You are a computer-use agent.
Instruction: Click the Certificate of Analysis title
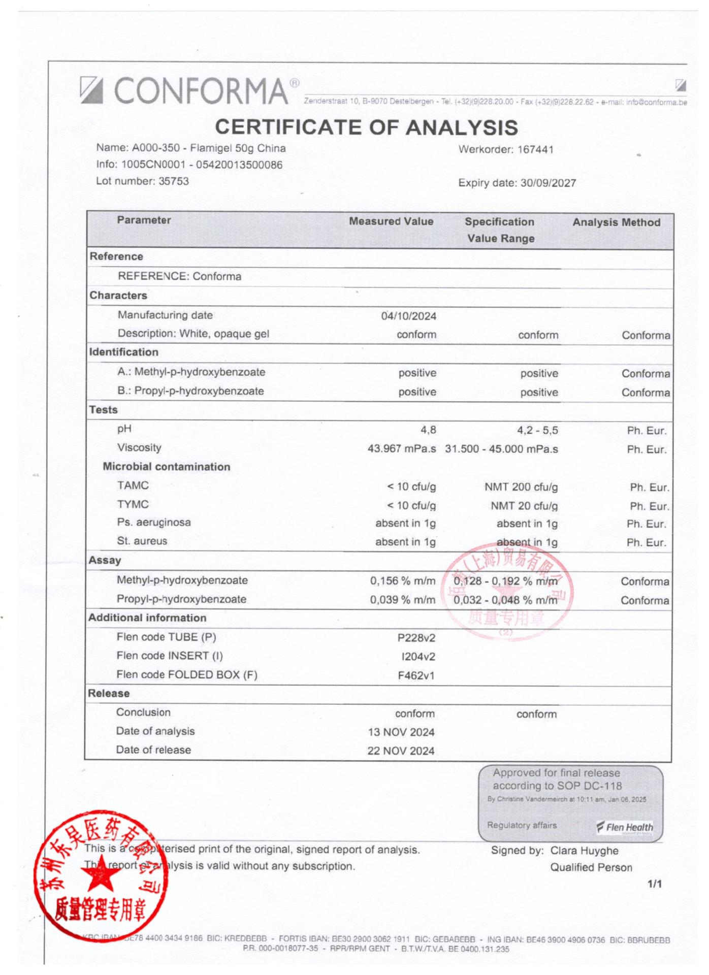pos(366,127)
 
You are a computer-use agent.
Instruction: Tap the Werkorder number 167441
pos(535,150)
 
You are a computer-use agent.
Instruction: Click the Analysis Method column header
pos(616,222)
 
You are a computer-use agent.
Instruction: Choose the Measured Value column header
pos(391,221)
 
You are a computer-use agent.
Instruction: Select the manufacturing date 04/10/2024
pos(408,316)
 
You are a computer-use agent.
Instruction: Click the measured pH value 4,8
pos(428,430)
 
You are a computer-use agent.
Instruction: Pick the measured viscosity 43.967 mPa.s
pos(401,449)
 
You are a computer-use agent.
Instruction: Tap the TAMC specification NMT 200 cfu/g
pos(521,487)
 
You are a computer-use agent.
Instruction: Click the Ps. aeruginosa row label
pos(153,523)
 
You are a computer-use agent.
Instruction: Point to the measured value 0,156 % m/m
pos(402,581)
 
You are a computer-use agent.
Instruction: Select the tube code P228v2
pos(416,638)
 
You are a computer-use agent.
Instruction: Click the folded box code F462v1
pos(416,675)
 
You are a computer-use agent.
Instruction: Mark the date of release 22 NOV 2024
pos(401,751)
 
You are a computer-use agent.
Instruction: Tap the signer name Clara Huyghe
pos(584,851)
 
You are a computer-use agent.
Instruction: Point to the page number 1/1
pos(654,884)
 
